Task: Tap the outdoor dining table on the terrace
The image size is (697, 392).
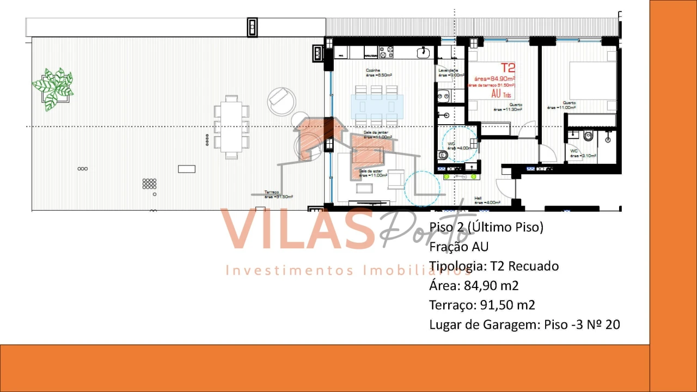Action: tap(231, 127)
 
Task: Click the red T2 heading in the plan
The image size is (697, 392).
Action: tap(508, 68)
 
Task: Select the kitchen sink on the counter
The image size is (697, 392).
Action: tap(424, 52)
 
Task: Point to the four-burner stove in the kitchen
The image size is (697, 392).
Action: tap(387, 52)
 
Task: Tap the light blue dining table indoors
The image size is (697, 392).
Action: tap(377, 106)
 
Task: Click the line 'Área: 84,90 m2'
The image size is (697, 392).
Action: tap(474, 285)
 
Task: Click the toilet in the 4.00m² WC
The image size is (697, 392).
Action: tap(443, 155)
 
